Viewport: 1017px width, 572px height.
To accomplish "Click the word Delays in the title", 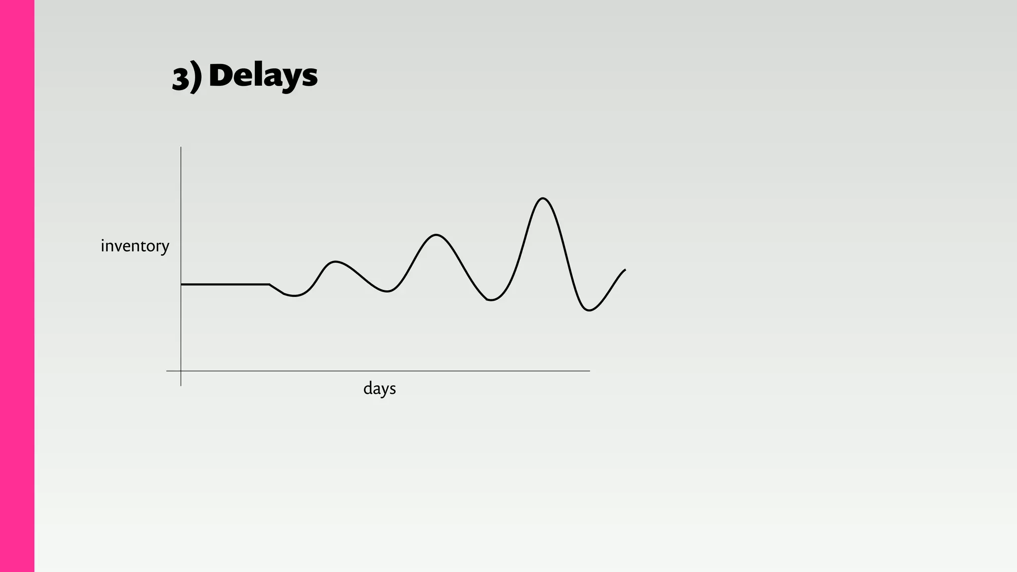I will [263, 76].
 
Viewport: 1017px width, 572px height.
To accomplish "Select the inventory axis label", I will [135, 246].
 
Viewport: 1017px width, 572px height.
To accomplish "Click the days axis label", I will [379, 388].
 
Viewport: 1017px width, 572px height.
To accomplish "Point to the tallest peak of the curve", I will [542, 199].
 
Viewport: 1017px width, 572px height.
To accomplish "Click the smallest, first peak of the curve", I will [336, 262].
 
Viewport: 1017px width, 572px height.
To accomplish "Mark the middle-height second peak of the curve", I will [436, 234].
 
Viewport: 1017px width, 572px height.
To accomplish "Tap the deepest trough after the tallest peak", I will [589, 310].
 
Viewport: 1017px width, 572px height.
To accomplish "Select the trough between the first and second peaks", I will [387, 291].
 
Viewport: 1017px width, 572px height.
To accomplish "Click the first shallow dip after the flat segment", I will [294, 296].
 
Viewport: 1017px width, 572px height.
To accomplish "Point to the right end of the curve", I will [625, 270].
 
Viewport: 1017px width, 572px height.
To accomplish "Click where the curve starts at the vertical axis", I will [181, 285].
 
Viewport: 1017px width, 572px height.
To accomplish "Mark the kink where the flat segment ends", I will [270, 285].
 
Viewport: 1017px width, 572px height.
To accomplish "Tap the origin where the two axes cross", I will [181, 371].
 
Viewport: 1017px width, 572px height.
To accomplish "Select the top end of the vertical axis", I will [181, 147].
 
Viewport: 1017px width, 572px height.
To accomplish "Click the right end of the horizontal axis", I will [589, 371].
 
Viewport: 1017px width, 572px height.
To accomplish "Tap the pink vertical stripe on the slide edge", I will [17, 286].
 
